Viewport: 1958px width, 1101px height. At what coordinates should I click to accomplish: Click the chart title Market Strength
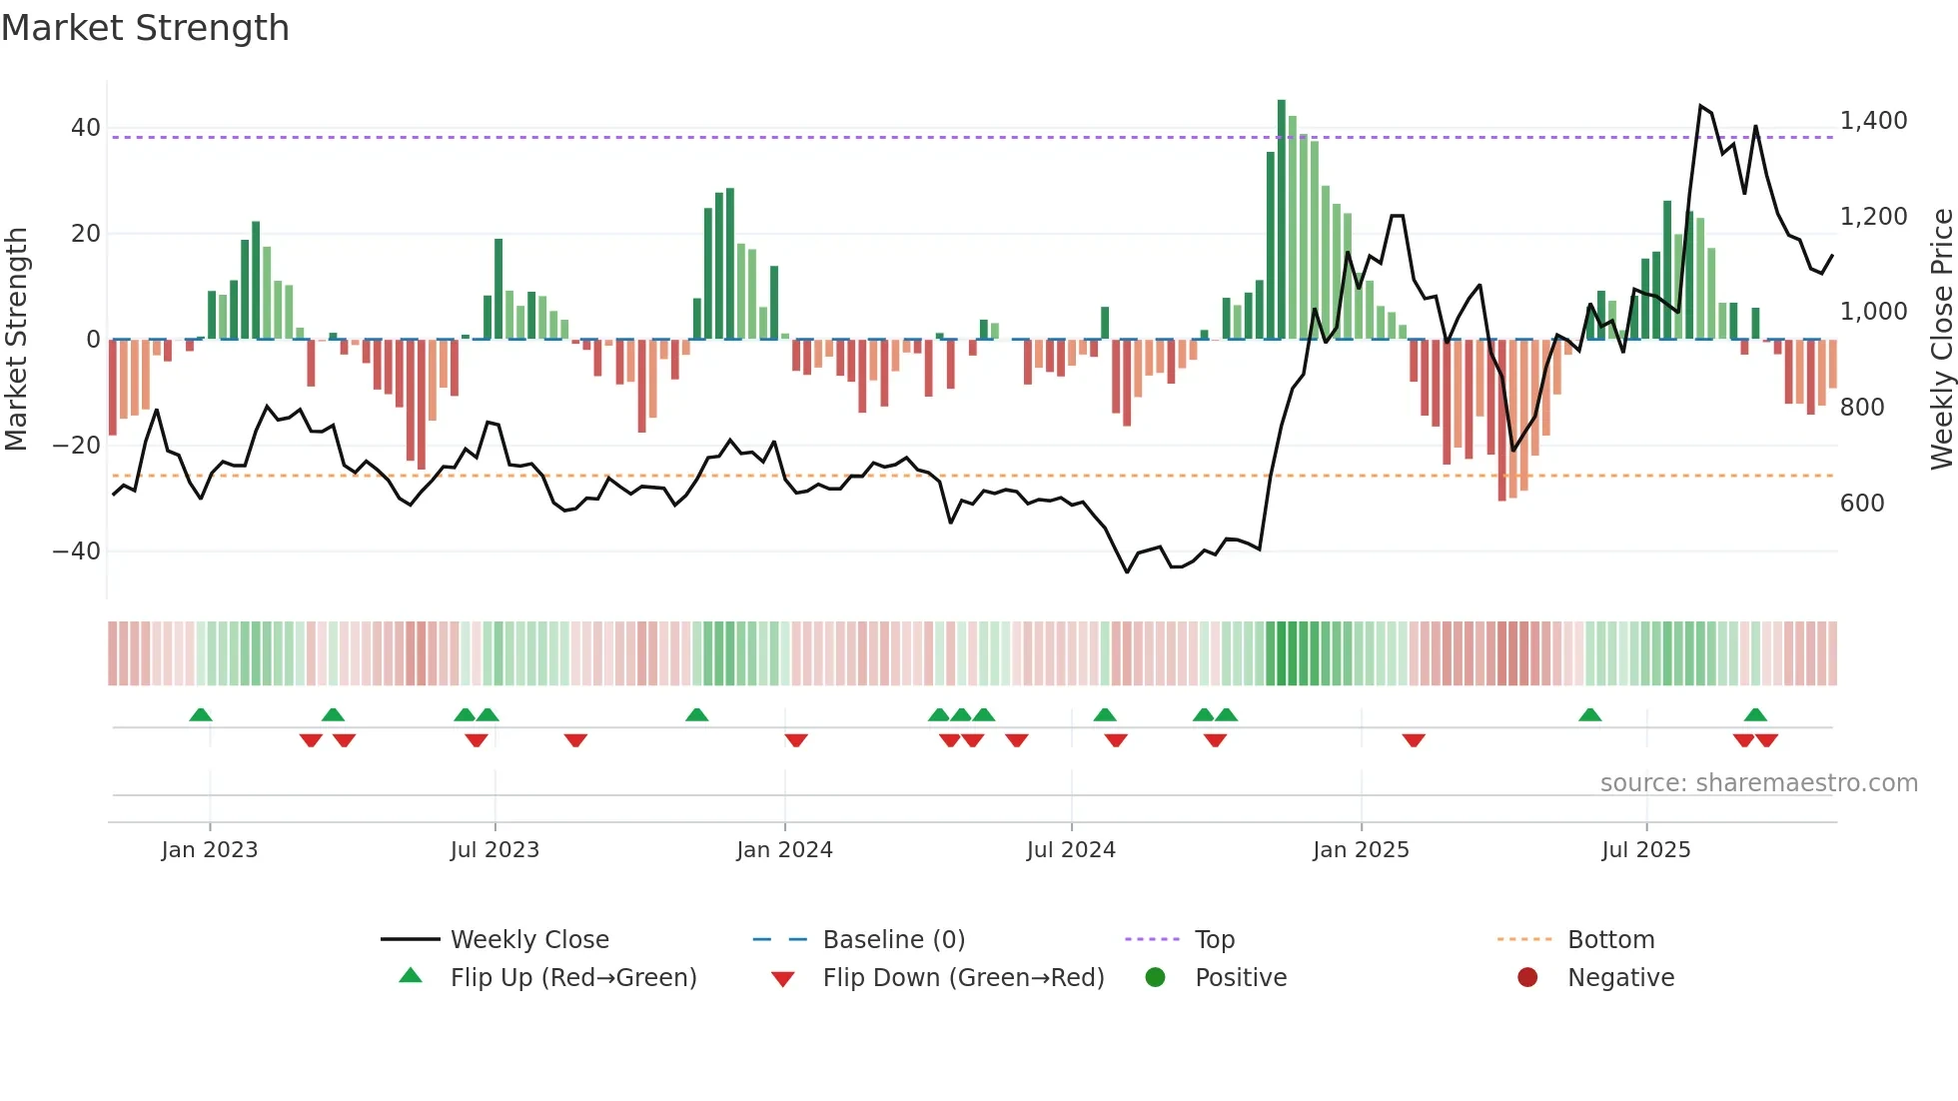tap(145, 28)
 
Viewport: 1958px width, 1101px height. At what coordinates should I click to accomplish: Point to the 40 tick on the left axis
tap(85, 128)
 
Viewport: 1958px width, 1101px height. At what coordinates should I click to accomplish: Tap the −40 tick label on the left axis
tap(77, 551)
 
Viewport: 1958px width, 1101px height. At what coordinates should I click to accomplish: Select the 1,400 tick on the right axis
tap(1873, 121)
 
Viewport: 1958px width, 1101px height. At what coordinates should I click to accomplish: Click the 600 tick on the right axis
tap(1862, 504)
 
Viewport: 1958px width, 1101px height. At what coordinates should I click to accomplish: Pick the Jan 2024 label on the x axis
tap(784, 850)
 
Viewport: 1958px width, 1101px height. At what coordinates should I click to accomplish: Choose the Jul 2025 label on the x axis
tap(1645, 850)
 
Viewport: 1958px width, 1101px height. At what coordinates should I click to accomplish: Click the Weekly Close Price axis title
tap(1941, 340)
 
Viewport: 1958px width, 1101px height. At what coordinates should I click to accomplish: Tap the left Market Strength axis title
tap(16, 340)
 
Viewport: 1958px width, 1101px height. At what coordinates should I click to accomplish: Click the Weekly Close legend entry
tap(528, 940)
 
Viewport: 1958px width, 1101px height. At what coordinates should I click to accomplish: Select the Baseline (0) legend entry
tap(893, 940)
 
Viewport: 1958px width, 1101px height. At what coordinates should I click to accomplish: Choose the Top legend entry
tap(1214, 940)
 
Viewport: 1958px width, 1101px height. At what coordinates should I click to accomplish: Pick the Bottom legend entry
tap(1610, 940)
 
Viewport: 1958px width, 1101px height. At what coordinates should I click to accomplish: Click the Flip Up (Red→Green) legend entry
tap(572, 978)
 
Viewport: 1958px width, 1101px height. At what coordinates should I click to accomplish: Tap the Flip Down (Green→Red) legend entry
tap(963, 978)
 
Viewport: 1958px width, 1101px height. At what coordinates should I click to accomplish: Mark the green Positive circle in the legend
tap(1155, 978)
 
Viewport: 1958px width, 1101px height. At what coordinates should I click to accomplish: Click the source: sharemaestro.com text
tap(1758, 783)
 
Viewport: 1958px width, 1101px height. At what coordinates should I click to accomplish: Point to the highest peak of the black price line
tap(1700, 105)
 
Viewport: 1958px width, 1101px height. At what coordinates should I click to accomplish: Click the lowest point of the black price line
tap(1127, 572)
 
